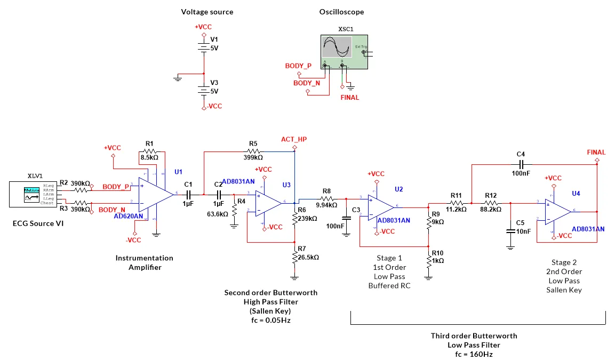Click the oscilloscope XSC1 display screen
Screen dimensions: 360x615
tap(337, 47)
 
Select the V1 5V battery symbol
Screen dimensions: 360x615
tap(203, 47)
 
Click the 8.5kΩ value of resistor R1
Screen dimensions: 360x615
tap(149, 157)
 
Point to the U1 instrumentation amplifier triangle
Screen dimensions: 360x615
tap(155, 194)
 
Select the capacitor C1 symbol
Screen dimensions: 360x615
tap(188, 194)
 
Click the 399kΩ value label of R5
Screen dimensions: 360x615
tap(253, 157)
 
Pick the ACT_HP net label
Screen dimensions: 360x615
tap(294, 140)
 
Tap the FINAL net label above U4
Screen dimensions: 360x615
tap(596, 153)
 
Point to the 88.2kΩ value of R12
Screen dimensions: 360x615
tap(490, 210)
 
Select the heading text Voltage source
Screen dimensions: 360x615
tap(207, 12)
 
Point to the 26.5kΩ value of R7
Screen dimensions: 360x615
tap(308, 257)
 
